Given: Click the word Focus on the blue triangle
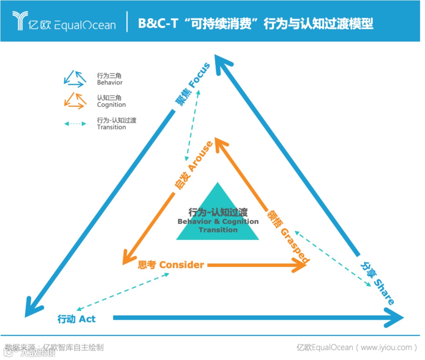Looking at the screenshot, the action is pyautogui.click(x=200, y=75).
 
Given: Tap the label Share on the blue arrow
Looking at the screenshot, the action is pyautogui.click(x=383, y=292).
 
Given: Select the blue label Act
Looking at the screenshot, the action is pyautogui.click(x=87, y=319).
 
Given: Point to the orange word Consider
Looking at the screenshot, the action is pyautogui.click(x=181, y=265).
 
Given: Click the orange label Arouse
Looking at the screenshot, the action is pyautogui.click(x=200, y=156).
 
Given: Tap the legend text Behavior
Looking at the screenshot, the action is pyautogui.click(x=110, y=83).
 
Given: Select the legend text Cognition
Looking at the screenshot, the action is pyautogui.click(x=111, y=105).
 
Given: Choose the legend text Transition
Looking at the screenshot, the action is pyautogui.click(x=111, y=127).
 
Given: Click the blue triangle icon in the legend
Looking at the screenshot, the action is pyautogui.click(x=75, y=78).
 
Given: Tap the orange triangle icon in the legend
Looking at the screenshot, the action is pyautogui.click(x=75, y=100).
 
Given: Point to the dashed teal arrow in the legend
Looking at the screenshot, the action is pyautogui.click(x=75, y=124).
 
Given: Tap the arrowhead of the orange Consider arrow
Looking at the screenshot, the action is pyautogui.click(x=299, y=265).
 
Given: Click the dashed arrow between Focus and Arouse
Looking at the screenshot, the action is pyautogui.click(x=193, y=124).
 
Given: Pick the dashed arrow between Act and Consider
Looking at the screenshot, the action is pyautogui.click(x=122, y=291).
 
